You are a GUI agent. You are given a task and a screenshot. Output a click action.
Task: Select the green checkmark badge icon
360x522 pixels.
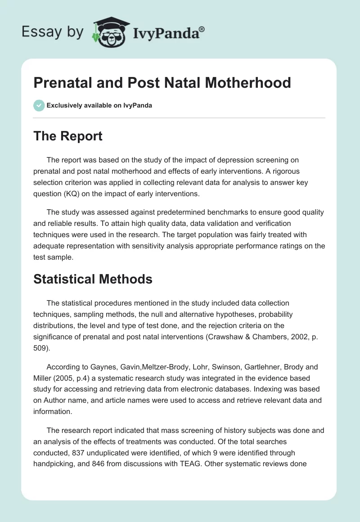tap(39, 105)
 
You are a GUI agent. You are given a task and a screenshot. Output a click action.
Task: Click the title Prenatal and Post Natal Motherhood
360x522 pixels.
tap(162, 83)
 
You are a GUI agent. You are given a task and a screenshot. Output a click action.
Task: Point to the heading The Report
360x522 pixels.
tap(68, 136)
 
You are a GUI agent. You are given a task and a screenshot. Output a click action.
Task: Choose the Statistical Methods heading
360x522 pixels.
tap(93, 279)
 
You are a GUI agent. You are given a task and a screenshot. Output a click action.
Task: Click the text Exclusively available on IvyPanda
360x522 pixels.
tap(99, 105)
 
